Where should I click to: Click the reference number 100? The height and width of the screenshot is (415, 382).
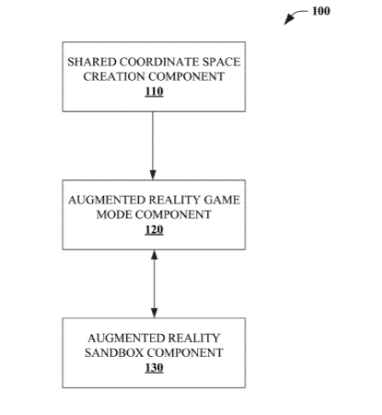pyautogui.click(x=321, y=11)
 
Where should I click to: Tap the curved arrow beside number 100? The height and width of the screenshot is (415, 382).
pyautogui.click(x=294, y=16)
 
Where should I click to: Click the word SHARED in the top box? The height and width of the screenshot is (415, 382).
pyautogui.click(x=92, y=62)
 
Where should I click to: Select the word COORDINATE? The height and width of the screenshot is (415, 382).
pyautogui.click(x=159, y=62)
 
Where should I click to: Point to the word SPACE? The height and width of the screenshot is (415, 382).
pyautogui.click(x=221, y=62)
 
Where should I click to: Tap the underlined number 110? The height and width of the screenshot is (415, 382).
pyautogui.click(x=154, y=92)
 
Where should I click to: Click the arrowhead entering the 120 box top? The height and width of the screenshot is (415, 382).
pyautogui.click(x=153, y=175)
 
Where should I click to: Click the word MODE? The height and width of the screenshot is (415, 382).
pyautogui.click(x=114, y=214)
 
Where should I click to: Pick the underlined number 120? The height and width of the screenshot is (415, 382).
pyautogui.click(x=154, y=230)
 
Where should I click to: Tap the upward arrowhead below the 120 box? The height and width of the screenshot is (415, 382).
pyautogui.click(x=155, y=255)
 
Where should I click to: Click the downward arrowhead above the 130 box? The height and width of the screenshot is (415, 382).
pyautogui.click(x=155, y=313)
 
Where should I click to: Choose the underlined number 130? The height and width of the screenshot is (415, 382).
pyautogui.click(x=154, y=368)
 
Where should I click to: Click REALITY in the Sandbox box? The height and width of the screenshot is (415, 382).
pyautogui.click(x=194, y=338)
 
